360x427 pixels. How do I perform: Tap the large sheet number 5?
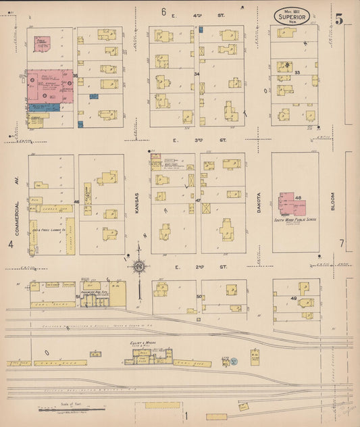(340, 18)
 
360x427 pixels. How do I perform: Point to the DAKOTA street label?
(259, 202)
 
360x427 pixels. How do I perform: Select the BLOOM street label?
(333, 201)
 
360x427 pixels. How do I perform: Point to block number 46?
(77, 201)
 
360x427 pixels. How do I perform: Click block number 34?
(197, 73)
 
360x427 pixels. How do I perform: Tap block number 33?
(315, 72)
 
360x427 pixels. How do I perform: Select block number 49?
(294, 299)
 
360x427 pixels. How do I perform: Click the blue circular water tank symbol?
(234, 361)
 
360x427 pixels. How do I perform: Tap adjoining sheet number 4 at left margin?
(11, 244)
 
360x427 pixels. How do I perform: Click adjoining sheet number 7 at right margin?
(342, 243)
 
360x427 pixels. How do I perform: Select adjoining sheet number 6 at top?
(163, 11)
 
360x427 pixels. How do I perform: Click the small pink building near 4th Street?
(43, 44)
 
